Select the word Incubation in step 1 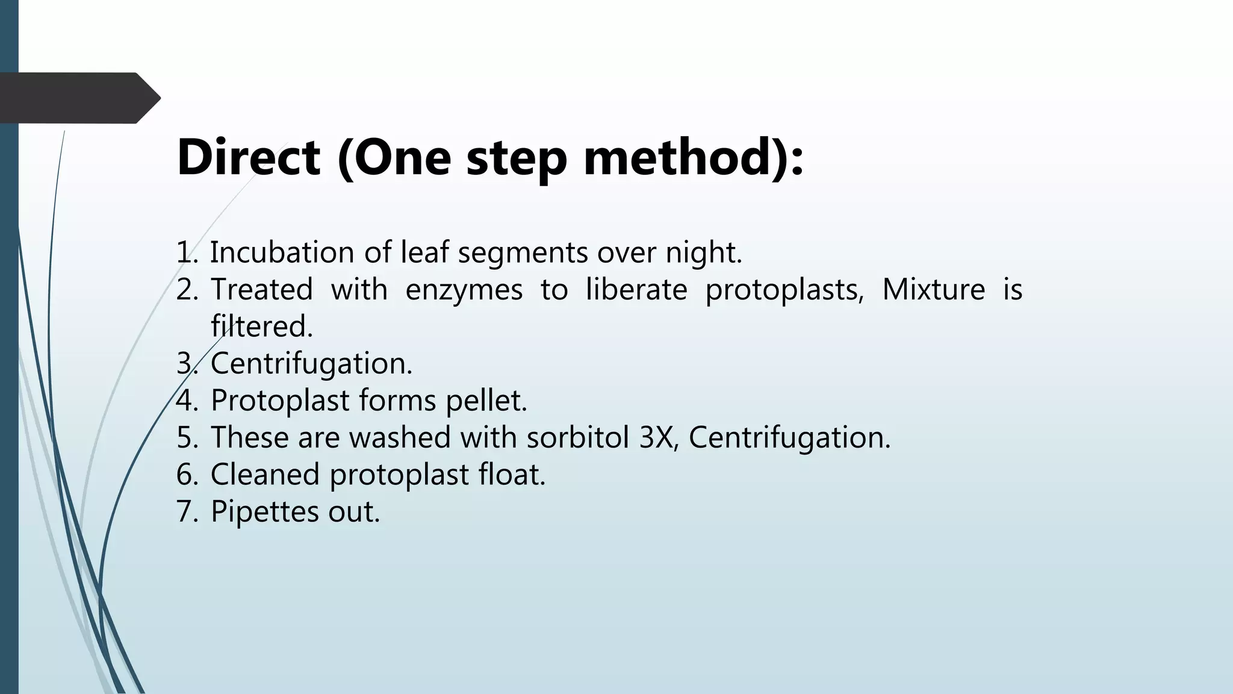[282, 252]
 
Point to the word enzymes [464, 289]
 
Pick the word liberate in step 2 [636, 289]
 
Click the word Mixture [933, 289]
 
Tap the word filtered [262, 327]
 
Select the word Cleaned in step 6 [265, 475]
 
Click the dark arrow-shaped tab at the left [78, 98]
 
